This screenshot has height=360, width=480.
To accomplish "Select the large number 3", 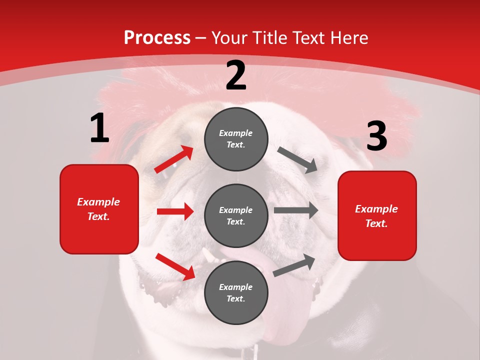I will [376, 136].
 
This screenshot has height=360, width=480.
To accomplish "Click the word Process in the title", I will [157, 37].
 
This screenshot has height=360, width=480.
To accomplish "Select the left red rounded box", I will [99, 209].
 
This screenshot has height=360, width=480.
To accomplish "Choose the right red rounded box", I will [377, 215].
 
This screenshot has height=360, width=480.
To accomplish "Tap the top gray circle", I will [236, 139].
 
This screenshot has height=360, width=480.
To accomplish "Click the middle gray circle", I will [236, 215].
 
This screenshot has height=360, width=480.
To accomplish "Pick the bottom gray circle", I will [236, 292].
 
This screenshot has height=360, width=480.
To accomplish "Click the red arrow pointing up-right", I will [174, 159].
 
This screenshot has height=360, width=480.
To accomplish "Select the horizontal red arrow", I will [175, 211].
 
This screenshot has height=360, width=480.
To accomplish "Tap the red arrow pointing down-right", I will [175, 266].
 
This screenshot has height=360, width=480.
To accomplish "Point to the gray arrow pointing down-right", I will [297, 160].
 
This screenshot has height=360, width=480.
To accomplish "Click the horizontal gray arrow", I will [296, 210].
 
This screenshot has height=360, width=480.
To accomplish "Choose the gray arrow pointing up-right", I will [294, 265].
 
